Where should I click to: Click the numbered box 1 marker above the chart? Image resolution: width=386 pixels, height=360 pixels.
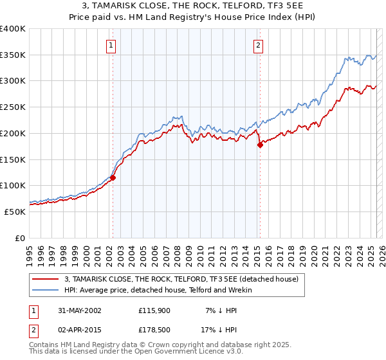(112, 45)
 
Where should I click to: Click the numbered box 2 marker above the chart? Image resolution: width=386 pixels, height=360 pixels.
(258, 45)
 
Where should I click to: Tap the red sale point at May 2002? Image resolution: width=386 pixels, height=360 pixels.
(113, 177)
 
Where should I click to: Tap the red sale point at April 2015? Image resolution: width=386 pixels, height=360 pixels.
(260, 145)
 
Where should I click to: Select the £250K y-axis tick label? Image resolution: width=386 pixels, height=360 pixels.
(13, 107)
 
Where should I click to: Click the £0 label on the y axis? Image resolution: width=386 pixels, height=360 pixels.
(21, 238)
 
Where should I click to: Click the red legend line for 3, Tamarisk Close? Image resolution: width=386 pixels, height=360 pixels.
(46, 280)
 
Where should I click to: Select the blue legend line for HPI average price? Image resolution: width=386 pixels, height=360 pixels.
(46, 290)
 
